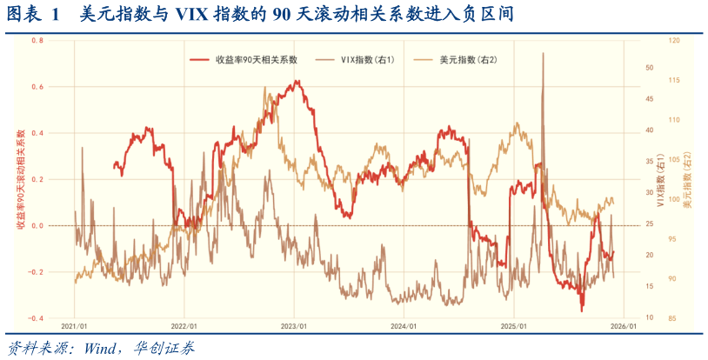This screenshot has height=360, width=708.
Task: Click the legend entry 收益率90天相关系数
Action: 257,60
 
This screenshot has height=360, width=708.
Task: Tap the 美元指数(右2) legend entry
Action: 468,60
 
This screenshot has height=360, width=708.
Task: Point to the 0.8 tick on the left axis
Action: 37,41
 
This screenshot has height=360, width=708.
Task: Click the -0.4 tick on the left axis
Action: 36,318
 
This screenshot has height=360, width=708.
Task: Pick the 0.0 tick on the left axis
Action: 37,226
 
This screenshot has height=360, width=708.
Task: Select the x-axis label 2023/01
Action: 294,327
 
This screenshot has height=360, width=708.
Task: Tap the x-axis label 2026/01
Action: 624,327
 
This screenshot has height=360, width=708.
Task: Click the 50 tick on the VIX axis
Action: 648,68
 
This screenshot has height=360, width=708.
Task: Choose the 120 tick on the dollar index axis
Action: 674,41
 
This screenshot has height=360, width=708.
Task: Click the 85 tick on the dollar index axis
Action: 673,318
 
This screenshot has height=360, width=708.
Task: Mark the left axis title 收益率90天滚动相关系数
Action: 20,180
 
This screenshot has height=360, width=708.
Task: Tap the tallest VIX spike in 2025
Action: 543,54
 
